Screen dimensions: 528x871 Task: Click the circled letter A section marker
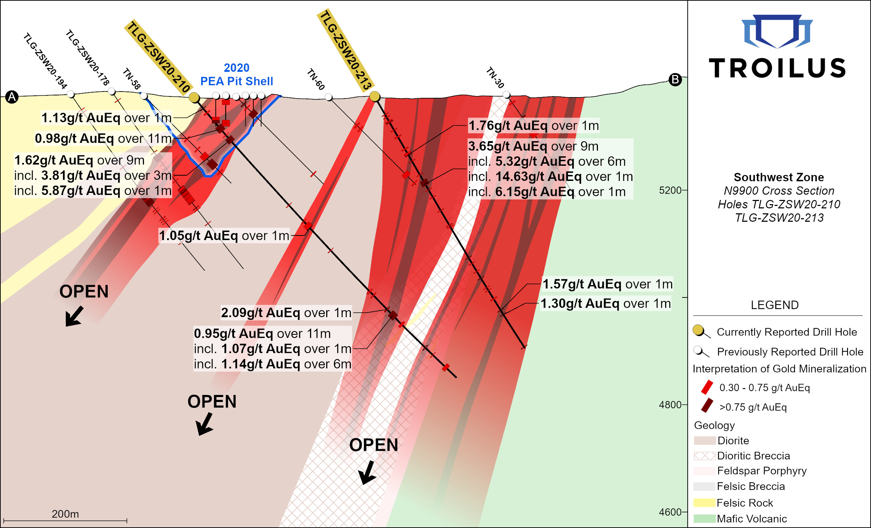click(x=12, y=97)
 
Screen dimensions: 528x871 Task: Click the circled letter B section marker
click(x=675, y=80)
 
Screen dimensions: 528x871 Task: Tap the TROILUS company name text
click(x=777, y=68)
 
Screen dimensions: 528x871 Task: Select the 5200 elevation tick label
click(x=669, y=190)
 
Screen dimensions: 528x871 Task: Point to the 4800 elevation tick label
click(x=669, y=404)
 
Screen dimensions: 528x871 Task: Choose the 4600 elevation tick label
click(x=669, y=512)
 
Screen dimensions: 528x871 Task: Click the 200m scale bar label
click(x=65, y=514)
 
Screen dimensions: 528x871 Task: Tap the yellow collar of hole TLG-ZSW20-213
click(x=374, y=96)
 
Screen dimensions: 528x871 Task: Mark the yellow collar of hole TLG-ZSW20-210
click(x=194, y=98)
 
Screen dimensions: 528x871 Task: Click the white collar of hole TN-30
click(x=506, y=95)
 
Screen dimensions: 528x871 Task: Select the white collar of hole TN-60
click(x=328, y=97)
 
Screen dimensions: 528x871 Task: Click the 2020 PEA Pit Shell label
click(x=236, y=75)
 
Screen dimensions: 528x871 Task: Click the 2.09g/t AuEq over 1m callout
click(x=286, y=313)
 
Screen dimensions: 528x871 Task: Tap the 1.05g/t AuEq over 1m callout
click(x=224, y=235)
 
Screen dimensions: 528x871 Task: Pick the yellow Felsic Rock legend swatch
click(x=704, y=503)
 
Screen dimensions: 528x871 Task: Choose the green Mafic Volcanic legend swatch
click(x=704, y=518)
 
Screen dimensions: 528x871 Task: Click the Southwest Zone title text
click(x=778, y=177)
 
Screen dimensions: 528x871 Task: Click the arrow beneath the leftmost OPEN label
click(x=74, y=316)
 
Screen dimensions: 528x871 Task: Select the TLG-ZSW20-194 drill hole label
click(x=45, y=61)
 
